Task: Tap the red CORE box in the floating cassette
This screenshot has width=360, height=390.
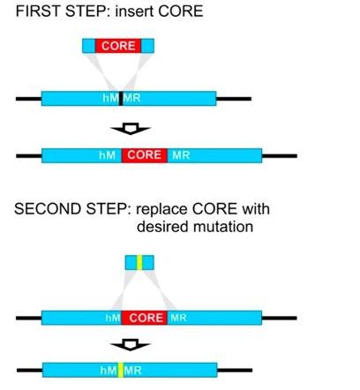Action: click(118, 46)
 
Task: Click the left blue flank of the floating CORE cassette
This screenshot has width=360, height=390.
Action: click(89, 46)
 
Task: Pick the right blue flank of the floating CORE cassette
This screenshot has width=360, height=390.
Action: click(147, 46)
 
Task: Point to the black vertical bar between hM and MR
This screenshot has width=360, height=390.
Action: click(121, 98)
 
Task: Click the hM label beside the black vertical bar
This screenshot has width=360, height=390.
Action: click(110, 98)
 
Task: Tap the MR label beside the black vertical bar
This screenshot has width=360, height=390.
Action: click(131, 98)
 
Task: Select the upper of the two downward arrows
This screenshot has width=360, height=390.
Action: click(131, 129)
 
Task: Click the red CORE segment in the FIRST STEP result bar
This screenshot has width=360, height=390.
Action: click(145, 155)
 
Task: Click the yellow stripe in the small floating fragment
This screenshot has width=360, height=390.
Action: click(139, 263)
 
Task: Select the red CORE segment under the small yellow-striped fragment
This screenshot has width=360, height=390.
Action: click(145, 318)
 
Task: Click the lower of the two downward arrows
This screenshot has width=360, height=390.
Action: click(130, 345)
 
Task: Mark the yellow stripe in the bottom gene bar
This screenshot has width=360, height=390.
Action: click(121, 370)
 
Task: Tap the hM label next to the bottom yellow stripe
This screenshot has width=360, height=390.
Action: click(109, 371)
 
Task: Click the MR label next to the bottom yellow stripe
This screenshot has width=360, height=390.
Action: click(132, 371)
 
